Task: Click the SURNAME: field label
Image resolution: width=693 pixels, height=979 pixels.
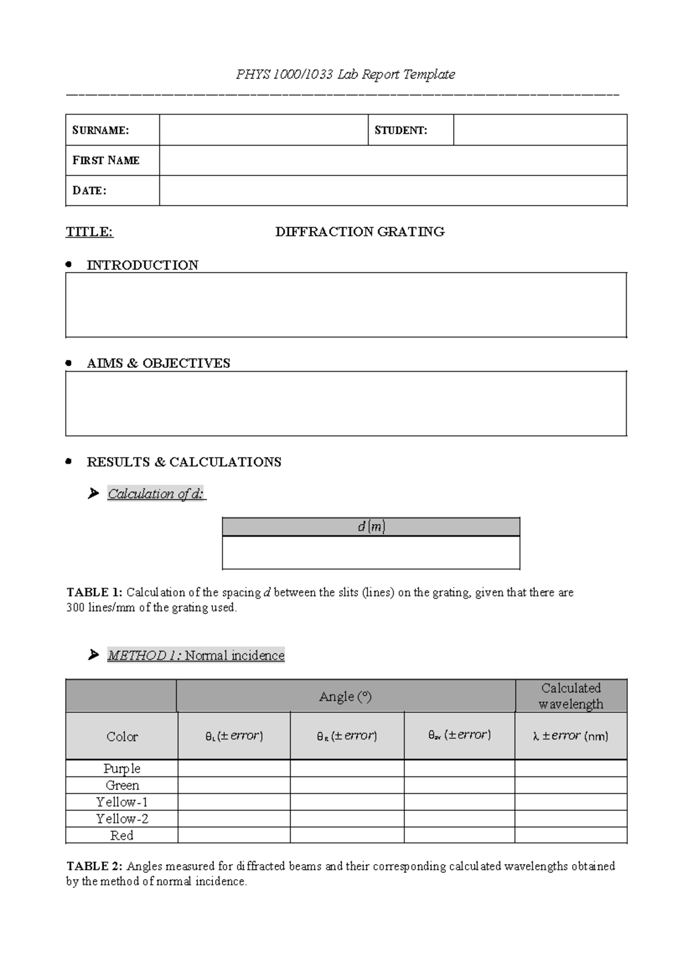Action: pyautogui.click(x=100, y=130)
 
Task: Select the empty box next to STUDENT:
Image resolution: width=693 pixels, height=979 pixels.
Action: pyautogui.click(x=540, y=130)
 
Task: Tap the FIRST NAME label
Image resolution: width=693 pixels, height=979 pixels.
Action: pyautogui.click(x=106, y=160)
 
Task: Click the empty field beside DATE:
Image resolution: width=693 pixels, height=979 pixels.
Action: pyautogui.click(x=393, y=190)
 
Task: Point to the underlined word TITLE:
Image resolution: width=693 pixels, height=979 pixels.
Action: pyautogui.click(x=90, y=232)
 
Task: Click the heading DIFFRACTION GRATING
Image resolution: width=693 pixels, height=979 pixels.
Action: pyautogui.click(x=360, y=232)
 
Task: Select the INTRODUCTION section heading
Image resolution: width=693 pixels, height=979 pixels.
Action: pyautogui.click(x=142, y=265)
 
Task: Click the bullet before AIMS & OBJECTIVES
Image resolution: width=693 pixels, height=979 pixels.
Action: pyautogui.click(x=69, y=363)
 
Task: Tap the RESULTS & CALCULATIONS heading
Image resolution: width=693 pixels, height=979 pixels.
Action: pyautogui.click(x=184, y=462)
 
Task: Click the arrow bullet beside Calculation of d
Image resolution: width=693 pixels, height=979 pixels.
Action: pyautogui.click(x=93, y=494)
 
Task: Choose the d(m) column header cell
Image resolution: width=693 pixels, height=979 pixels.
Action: pyautogui.click(x=371, y=527)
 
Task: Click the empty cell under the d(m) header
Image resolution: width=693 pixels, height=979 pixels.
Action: pyautogui.click(x=371, y=552)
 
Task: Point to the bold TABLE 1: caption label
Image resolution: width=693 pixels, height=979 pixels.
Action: pyautogui.click(x=95, y=592)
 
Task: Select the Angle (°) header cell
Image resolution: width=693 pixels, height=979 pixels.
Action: pyautogui.click(x=345, y=697)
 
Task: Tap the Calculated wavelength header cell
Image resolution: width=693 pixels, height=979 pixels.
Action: pyautogui.click(x=571, y=696)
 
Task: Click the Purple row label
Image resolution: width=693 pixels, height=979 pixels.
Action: pyautogui.click(x=122, y=768)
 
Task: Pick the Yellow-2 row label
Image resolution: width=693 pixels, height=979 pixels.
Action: pyautogui.click(x=122, y=819)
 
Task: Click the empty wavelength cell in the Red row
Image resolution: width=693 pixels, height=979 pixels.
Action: pyautogui.click(x=571, y=835)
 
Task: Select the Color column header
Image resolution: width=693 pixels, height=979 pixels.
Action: pyautogui.click(x=122, y=737)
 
